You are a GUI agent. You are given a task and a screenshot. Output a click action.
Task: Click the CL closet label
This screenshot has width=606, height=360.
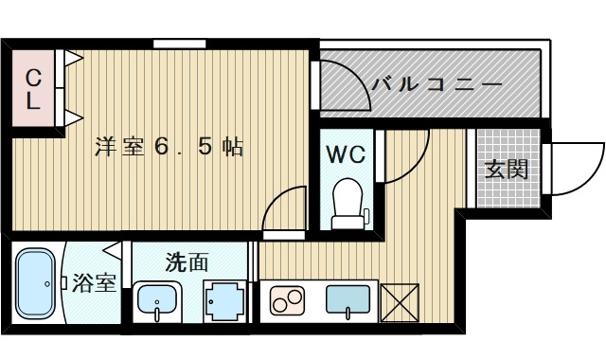(33, 90)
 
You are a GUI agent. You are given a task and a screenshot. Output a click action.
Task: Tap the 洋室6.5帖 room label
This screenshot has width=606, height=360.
(169, 147)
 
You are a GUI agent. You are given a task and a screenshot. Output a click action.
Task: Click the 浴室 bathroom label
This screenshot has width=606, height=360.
(95, 282)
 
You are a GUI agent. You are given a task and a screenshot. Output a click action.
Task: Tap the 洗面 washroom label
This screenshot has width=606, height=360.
(187, 262)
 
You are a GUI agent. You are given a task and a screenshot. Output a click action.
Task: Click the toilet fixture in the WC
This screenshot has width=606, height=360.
(348, 204)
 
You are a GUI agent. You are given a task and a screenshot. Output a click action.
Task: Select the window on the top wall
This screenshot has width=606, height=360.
(180, 43)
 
